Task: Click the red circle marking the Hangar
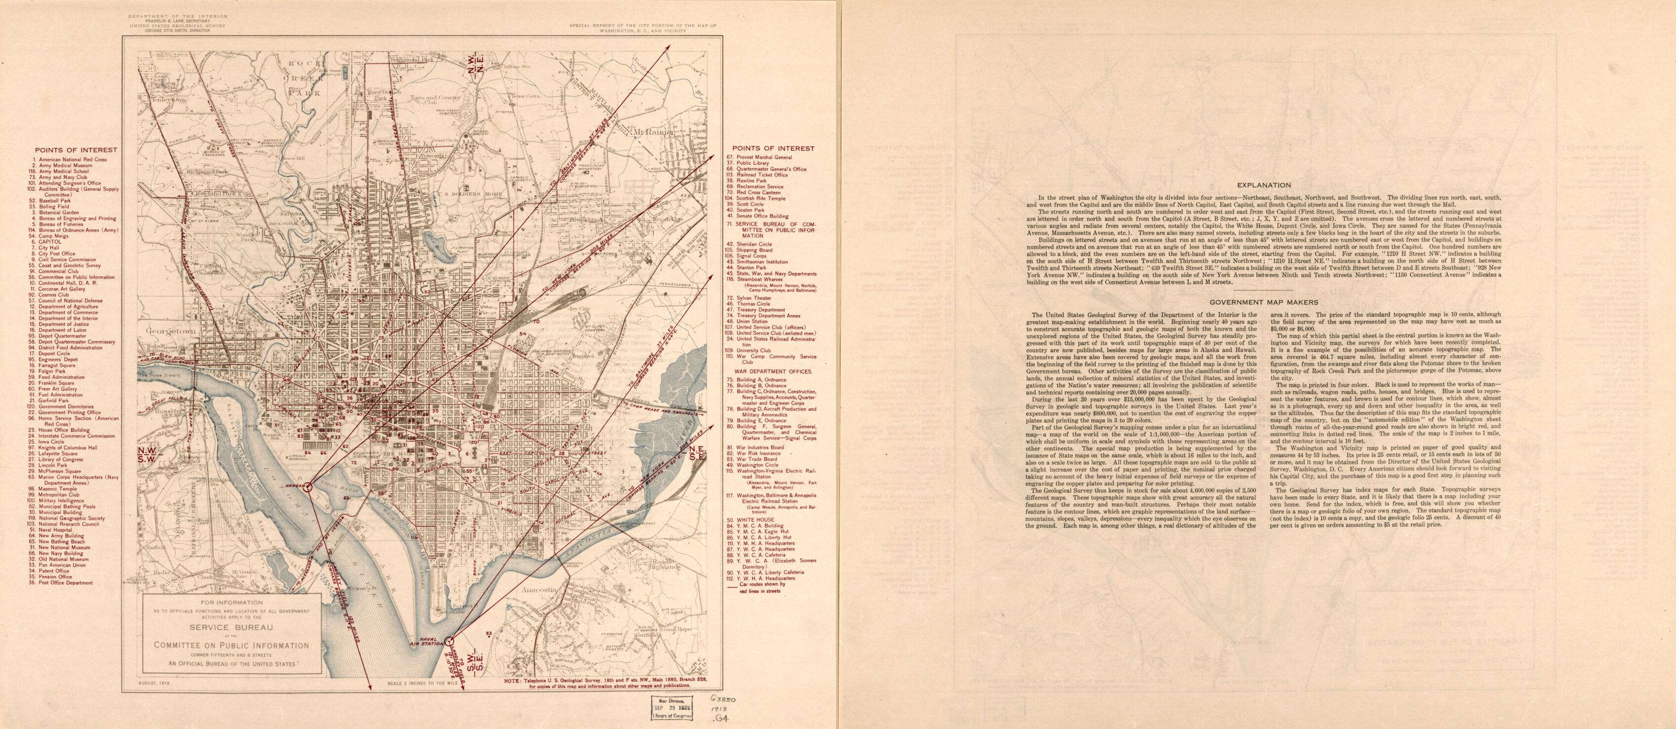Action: (x=308, y=485)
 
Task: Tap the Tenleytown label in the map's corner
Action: (x=169, y=101)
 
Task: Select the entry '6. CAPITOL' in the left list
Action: (x=49, y=241)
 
